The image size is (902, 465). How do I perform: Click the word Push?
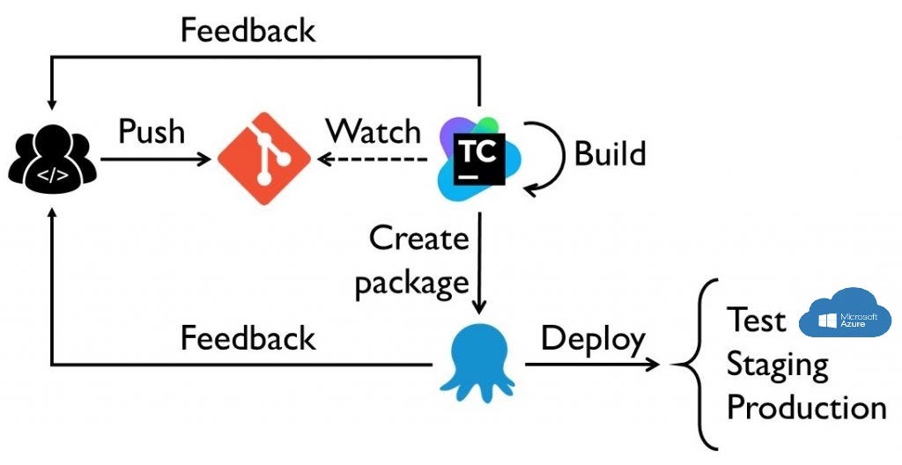152,131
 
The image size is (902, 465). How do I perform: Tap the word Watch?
373,131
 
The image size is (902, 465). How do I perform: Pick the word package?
412,283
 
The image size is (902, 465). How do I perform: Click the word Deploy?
593,338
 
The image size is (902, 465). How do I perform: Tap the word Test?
756,321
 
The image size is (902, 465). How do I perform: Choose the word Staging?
777,365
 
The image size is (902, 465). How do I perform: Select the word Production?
806,408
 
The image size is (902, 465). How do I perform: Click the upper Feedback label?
248,30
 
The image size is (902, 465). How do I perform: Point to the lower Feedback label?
248,338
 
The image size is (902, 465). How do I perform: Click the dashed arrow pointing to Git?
374,159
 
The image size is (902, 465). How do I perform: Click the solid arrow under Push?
157,159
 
